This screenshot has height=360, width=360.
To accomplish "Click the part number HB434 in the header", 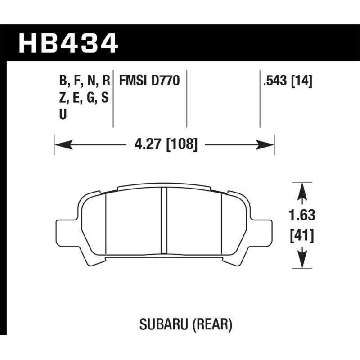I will (67, 44).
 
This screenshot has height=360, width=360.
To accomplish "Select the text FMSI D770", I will (149, 81).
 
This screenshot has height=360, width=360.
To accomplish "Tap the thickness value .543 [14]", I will (287, 81).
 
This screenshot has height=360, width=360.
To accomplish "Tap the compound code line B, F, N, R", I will (84, 81).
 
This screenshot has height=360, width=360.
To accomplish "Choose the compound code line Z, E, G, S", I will (84, 98).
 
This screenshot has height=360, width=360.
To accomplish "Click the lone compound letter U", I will (63, 114).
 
